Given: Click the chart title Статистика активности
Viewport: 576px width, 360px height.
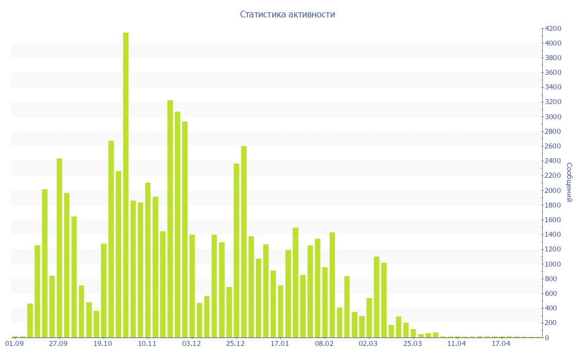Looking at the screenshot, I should [287, 15].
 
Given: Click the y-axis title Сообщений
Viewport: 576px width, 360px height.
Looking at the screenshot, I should [569, 182].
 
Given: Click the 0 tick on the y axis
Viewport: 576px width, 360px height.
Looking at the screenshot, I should [546, 337].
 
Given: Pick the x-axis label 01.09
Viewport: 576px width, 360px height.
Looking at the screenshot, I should [15, 343].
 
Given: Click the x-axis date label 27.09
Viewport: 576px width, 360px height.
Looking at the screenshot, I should [58, 343].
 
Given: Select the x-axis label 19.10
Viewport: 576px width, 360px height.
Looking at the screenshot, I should [103, 343].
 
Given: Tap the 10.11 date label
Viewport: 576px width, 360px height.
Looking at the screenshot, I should [147, 343].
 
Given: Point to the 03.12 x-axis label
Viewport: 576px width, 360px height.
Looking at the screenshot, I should [192, 343].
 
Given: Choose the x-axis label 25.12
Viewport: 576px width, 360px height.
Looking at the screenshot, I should [236, 343].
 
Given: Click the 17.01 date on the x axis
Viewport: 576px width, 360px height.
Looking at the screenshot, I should [280, 343].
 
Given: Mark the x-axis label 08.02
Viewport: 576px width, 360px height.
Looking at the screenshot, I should [325, 343].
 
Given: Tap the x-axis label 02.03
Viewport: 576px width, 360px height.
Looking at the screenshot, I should [368, 343].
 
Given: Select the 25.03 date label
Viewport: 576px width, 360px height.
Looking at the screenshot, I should [413, 343].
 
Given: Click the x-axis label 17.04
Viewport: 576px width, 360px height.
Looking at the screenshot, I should [501, 343].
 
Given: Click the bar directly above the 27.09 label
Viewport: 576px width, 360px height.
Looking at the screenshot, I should [59, 247].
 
